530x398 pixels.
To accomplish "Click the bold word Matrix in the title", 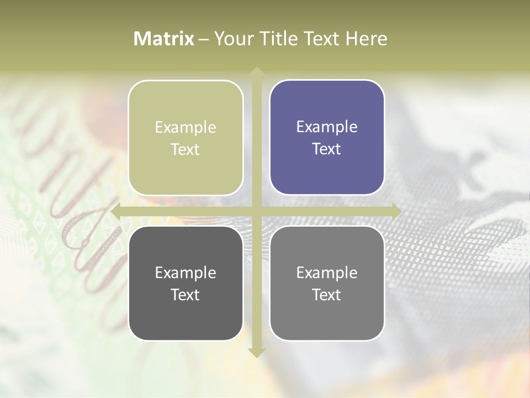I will pyautogui.click(x=164, y=39).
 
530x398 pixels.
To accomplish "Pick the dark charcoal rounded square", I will pyautogui.click(x=185, y=315).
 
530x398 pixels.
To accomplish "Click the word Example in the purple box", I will pyautogui.click(x=327, y=127).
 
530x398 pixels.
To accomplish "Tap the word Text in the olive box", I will pyautogui.click(x=185, y=149).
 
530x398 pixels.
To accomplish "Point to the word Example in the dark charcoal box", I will pyautogui.click(x=185, y=273).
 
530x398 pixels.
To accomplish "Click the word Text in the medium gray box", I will pyautogui.click(x=327, y=295).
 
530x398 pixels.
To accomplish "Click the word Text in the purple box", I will pyautogui.click(x=327, y=149).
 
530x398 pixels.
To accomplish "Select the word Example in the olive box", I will pyautogui.click(x=185, y=127).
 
